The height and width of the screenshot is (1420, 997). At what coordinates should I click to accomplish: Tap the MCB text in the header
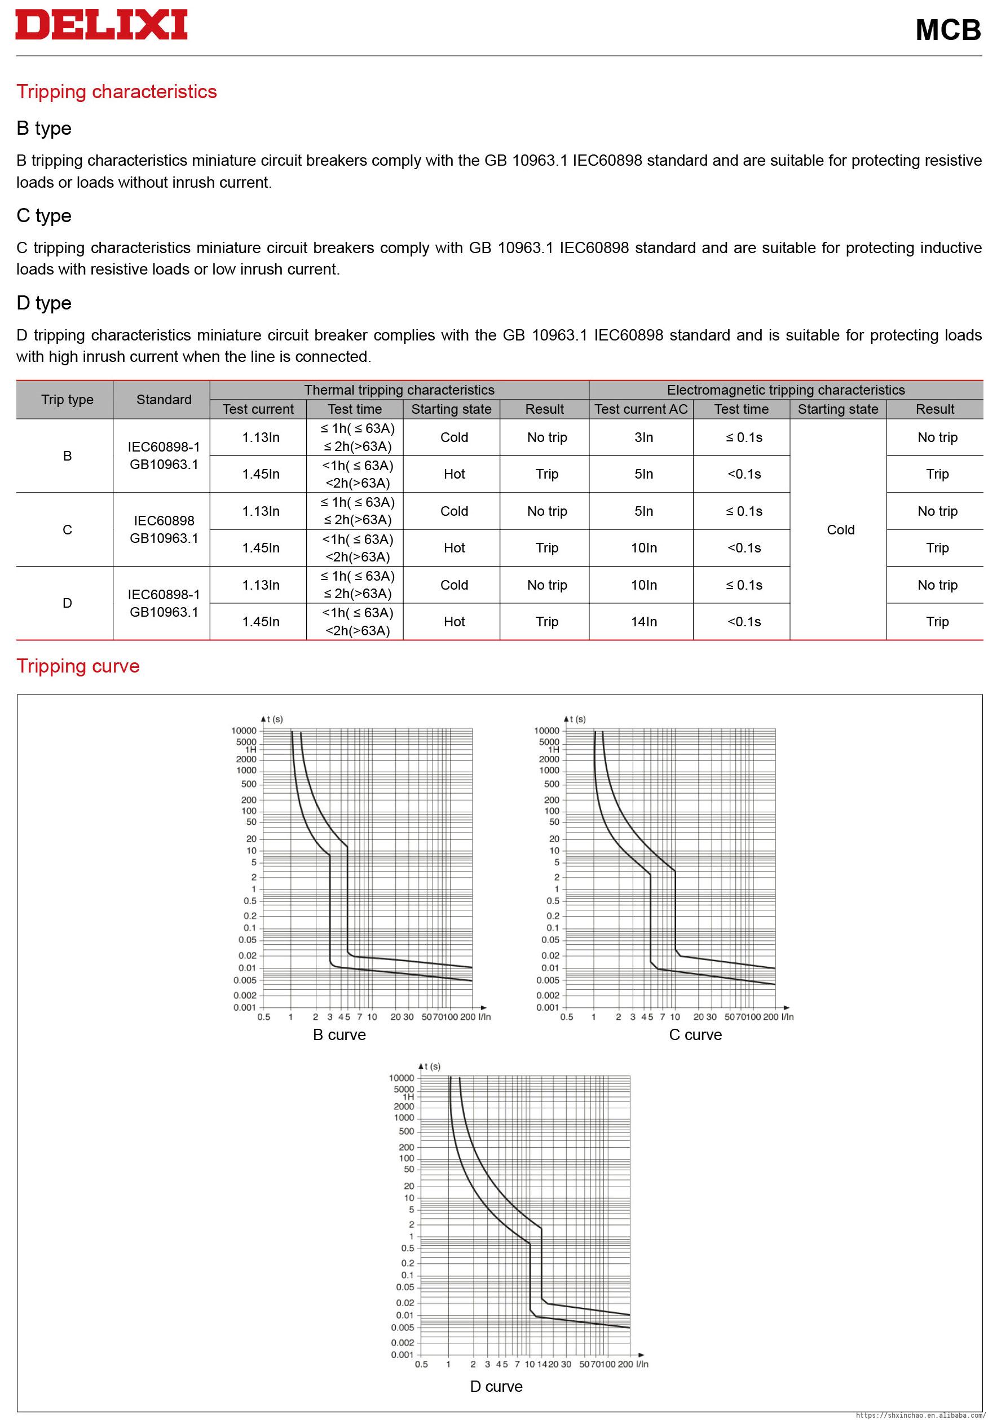click(947, 30)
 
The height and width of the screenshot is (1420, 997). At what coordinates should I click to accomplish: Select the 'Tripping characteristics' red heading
click(116, 91)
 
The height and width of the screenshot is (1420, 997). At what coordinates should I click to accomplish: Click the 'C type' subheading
click(44, 215)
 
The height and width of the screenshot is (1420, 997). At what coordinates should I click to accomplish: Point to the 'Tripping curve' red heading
click(78, 666)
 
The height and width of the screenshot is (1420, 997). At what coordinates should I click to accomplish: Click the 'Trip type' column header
click(67, 400)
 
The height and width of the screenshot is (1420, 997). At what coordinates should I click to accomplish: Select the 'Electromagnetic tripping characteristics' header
click(786, 390)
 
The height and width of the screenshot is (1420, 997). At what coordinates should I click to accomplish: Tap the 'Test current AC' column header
click(641, 409)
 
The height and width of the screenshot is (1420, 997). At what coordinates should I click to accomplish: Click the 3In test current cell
click(643, 437)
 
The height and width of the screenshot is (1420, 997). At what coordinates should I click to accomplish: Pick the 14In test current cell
click(643, 622)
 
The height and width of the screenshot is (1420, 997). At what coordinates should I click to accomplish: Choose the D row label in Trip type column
click(67, 603)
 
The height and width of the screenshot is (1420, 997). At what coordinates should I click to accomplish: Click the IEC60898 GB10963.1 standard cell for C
click(164, 529)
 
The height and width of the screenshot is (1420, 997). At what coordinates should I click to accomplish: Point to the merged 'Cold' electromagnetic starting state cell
click(840, 529)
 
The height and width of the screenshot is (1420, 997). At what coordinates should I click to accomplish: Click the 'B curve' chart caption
click(339, 1034)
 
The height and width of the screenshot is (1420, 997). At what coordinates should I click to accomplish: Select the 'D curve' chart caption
click(496, 1387)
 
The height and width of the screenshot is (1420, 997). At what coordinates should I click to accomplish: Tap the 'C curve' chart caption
click(695, 1034)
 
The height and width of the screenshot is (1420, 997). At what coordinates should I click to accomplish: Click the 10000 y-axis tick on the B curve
click(244, 731)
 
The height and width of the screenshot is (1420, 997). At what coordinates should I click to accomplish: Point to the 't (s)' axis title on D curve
click(431, 1066)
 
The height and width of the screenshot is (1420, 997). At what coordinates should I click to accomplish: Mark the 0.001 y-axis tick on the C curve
click(547, 1007)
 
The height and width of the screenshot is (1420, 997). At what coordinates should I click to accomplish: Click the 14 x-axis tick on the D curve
click(541, 1364)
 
